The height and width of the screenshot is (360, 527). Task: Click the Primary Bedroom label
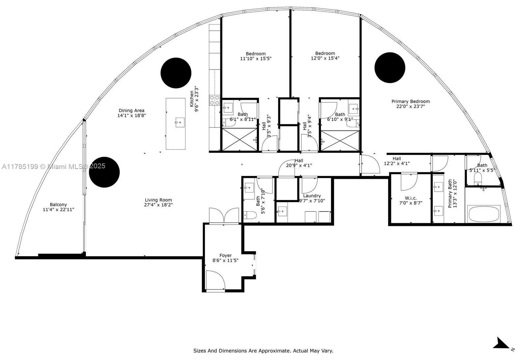tap(410, 101)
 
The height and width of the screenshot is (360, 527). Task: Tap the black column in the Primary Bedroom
tap(390, 68)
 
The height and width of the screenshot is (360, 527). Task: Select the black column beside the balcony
tap(104, 172)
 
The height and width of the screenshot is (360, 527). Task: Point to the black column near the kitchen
tap(176, 73)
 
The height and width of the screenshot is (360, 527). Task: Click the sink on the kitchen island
tap(180, 122)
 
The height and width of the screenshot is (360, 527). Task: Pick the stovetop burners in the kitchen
tap(214, 100)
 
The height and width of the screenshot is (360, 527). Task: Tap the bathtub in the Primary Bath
tap(484, 214)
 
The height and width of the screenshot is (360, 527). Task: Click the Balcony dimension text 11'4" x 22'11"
tap(58, 209)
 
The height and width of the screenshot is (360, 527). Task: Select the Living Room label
tap(158, 200)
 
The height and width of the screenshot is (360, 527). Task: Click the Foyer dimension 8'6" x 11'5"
tap(225, 261)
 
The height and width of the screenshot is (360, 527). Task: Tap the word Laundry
tap(312, 196)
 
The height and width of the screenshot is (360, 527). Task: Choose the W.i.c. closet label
tap(411, 198)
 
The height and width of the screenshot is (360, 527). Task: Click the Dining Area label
tap(131, 111)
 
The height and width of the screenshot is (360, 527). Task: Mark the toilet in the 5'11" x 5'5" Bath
tap(478, 178)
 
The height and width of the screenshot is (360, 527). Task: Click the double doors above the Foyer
tap(224, 215)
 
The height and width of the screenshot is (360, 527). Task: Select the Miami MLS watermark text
tap(54, 166)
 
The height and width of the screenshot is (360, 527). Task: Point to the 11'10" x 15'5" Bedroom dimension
tap(256, 59)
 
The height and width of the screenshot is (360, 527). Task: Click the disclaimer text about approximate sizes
tap(263, 351)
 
